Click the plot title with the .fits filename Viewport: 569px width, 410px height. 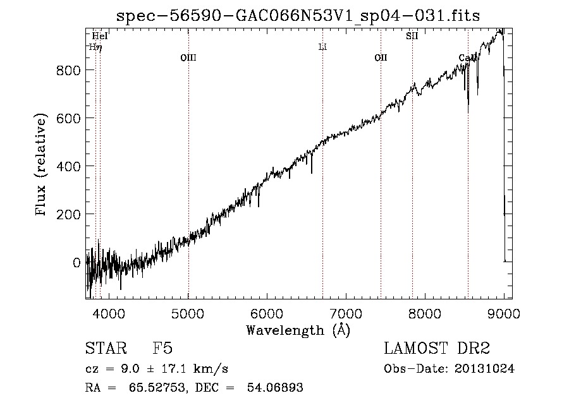coord(298,16)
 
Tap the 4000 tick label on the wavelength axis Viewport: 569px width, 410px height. coord(109,313)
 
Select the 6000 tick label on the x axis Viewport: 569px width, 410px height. coord(267,313)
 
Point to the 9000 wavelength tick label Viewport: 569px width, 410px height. coord(504,313)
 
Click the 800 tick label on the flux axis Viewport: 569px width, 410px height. coord(68,70)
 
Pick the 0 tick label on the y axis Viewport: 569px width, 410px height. coord(76,263)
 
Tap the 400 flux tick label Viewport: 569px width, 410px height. coord(68,167)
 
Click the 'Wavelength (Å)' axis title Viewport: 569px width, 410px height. coord(298,330)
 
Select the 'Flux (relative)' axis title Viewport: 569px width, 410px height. coord(40,165)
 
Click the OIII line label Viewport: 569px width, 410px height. coord(188,57)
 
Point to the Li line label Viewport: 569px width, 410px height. coord(322,47)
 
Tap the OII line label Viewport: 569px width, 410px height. coord(381,57)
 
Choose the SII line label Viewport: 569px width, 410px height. coord(412,36)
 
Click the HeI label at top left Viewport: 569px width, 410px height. coord(100,36)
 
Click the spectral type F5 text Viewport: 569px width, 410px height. coord(162,348)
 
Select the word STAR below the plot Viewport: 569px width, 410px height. coord(106,348)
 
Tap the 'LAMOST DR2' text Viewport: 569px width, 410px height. coord(437,348)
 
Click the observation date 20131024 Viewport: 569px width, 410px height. coord(484,369)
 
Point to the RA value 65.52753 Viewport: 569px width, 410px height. coord(157,387)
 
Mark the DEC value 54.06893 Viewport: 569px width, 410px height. coord(275,387)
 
